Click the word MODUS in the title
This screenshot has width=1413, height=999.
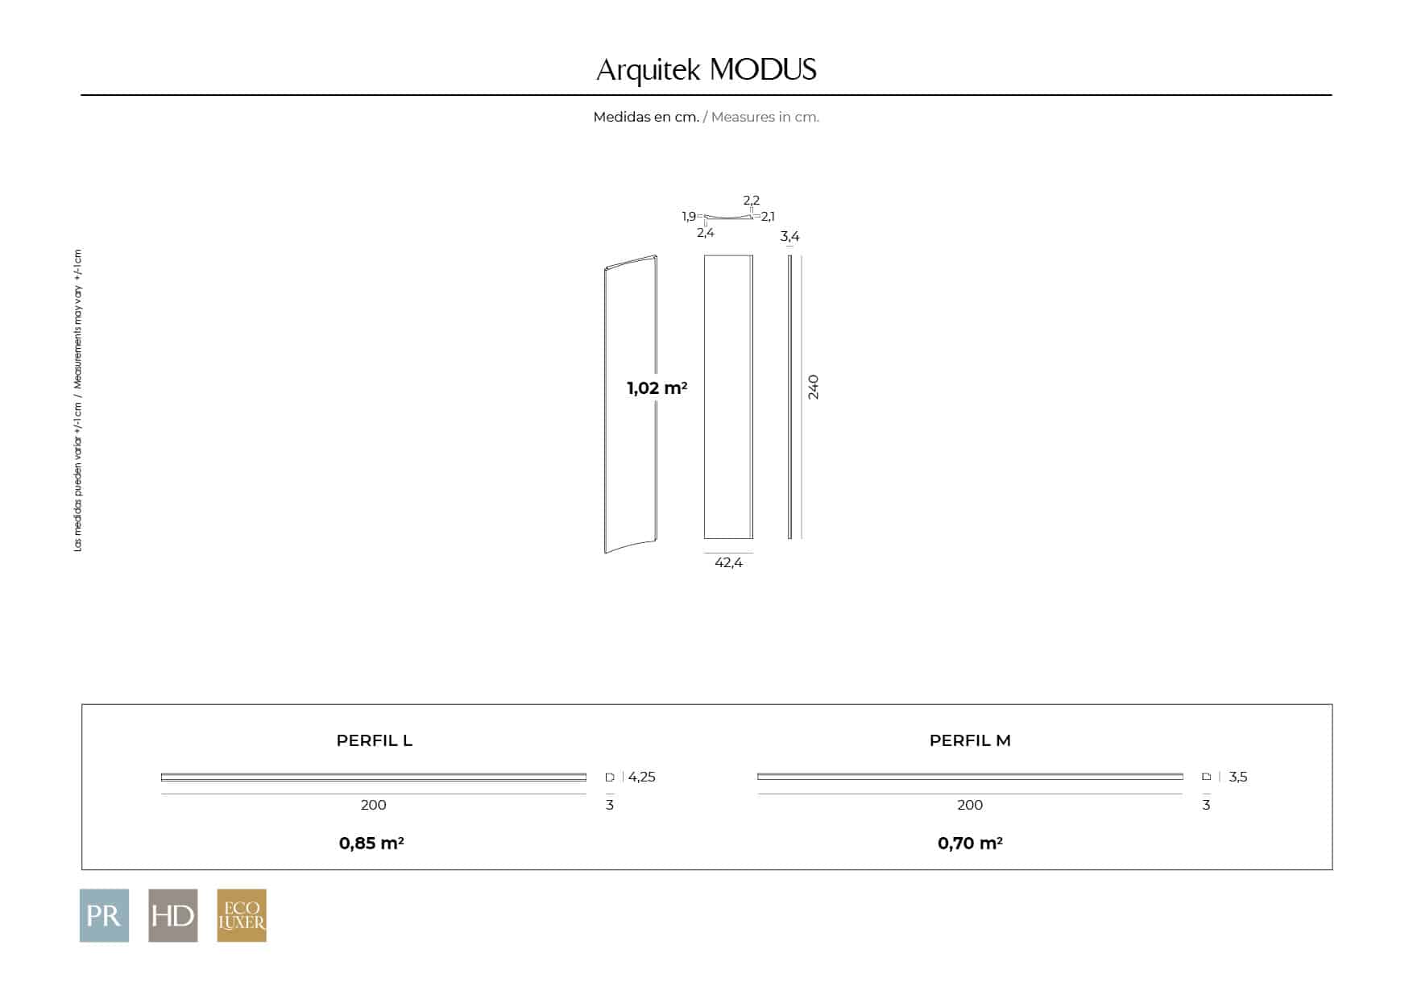coord(763,70)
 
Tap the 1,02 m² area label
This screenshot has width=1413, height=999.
coord(657,388)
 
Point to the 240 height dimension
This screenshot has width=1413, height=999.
coord(813,387)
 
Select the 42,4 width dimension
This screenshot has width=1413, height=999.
coord(728,562)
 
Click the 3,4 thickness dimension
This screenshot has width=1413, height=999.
coord(789,236)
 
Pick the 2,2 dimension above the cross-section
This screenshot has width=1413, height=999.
coord(752,200)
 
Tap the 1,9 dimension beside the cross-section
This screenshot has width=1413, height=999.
coord(689,216)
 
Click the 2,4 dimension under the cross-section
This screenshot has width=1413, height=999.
coord(706,233)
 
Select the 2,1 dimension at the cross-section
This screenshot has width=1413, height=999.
coord(768,216)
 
